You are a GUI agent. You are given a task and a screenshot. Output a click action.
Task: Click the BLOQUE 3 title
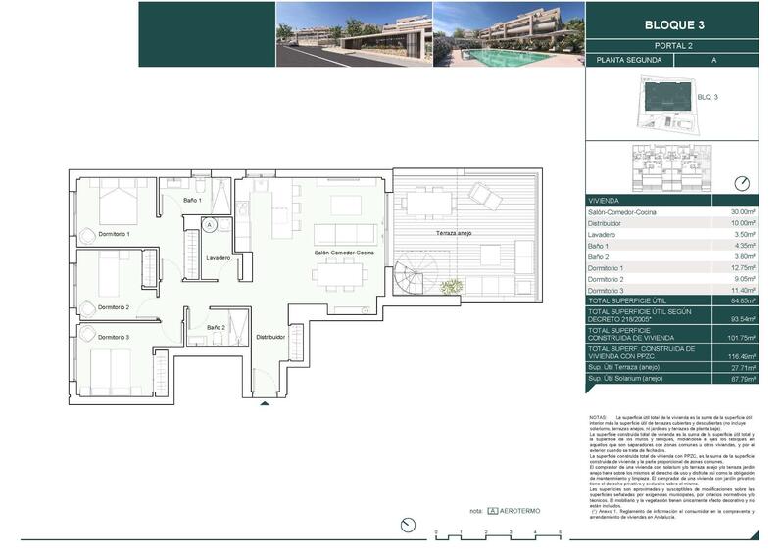point(675,24)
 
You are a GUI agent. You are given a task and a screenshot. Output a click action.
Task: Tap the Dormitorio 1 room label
point(114,235)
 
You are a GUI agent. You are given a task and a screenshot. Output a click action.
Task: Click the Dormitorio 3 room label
point(114,337)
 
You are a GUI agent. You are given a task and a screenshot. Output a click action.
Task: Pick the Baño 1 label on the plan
point(192,201)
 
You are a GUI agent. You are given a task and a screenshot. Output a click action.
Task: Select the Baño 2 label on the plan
point(217,327)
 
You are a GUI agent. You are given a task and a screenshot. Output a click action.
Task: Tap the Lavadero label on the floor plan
point(218,258)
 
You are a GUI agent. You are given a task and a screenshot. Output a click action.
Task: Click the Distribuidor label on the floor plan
point(270,337)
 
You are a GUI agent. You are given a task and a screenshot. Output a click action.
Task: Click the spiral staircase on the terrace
point(412,279)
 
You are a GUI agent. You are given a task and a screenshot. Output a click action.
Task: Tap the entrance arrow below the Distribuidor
point(263,401)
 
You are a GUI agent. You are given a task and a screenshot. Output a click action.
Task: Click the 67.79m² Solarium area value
point(744,378)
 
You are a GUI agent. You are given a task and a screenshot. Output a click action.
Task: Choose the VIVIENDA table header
point(605,199)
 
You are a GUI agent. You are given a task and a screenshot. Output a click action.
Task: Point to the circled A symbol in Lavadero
point(210,224)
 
